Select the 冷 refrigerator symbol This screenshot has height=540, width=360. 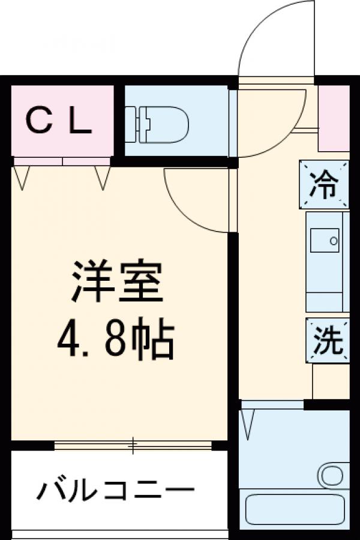click(x=324, y=185)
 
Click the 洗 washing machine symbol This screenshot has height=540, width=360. click(x=328, y=340)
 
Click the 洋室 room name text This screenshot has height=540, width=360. click(x=117, y=282)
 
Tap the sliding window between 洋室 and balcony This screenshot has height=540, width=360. click(x=133, y=445)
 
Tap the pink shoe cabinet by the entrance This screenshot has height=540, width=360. click(x=333, y=118)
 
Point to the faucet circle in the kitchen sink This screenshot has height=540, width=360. click(x=333, y=241)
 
